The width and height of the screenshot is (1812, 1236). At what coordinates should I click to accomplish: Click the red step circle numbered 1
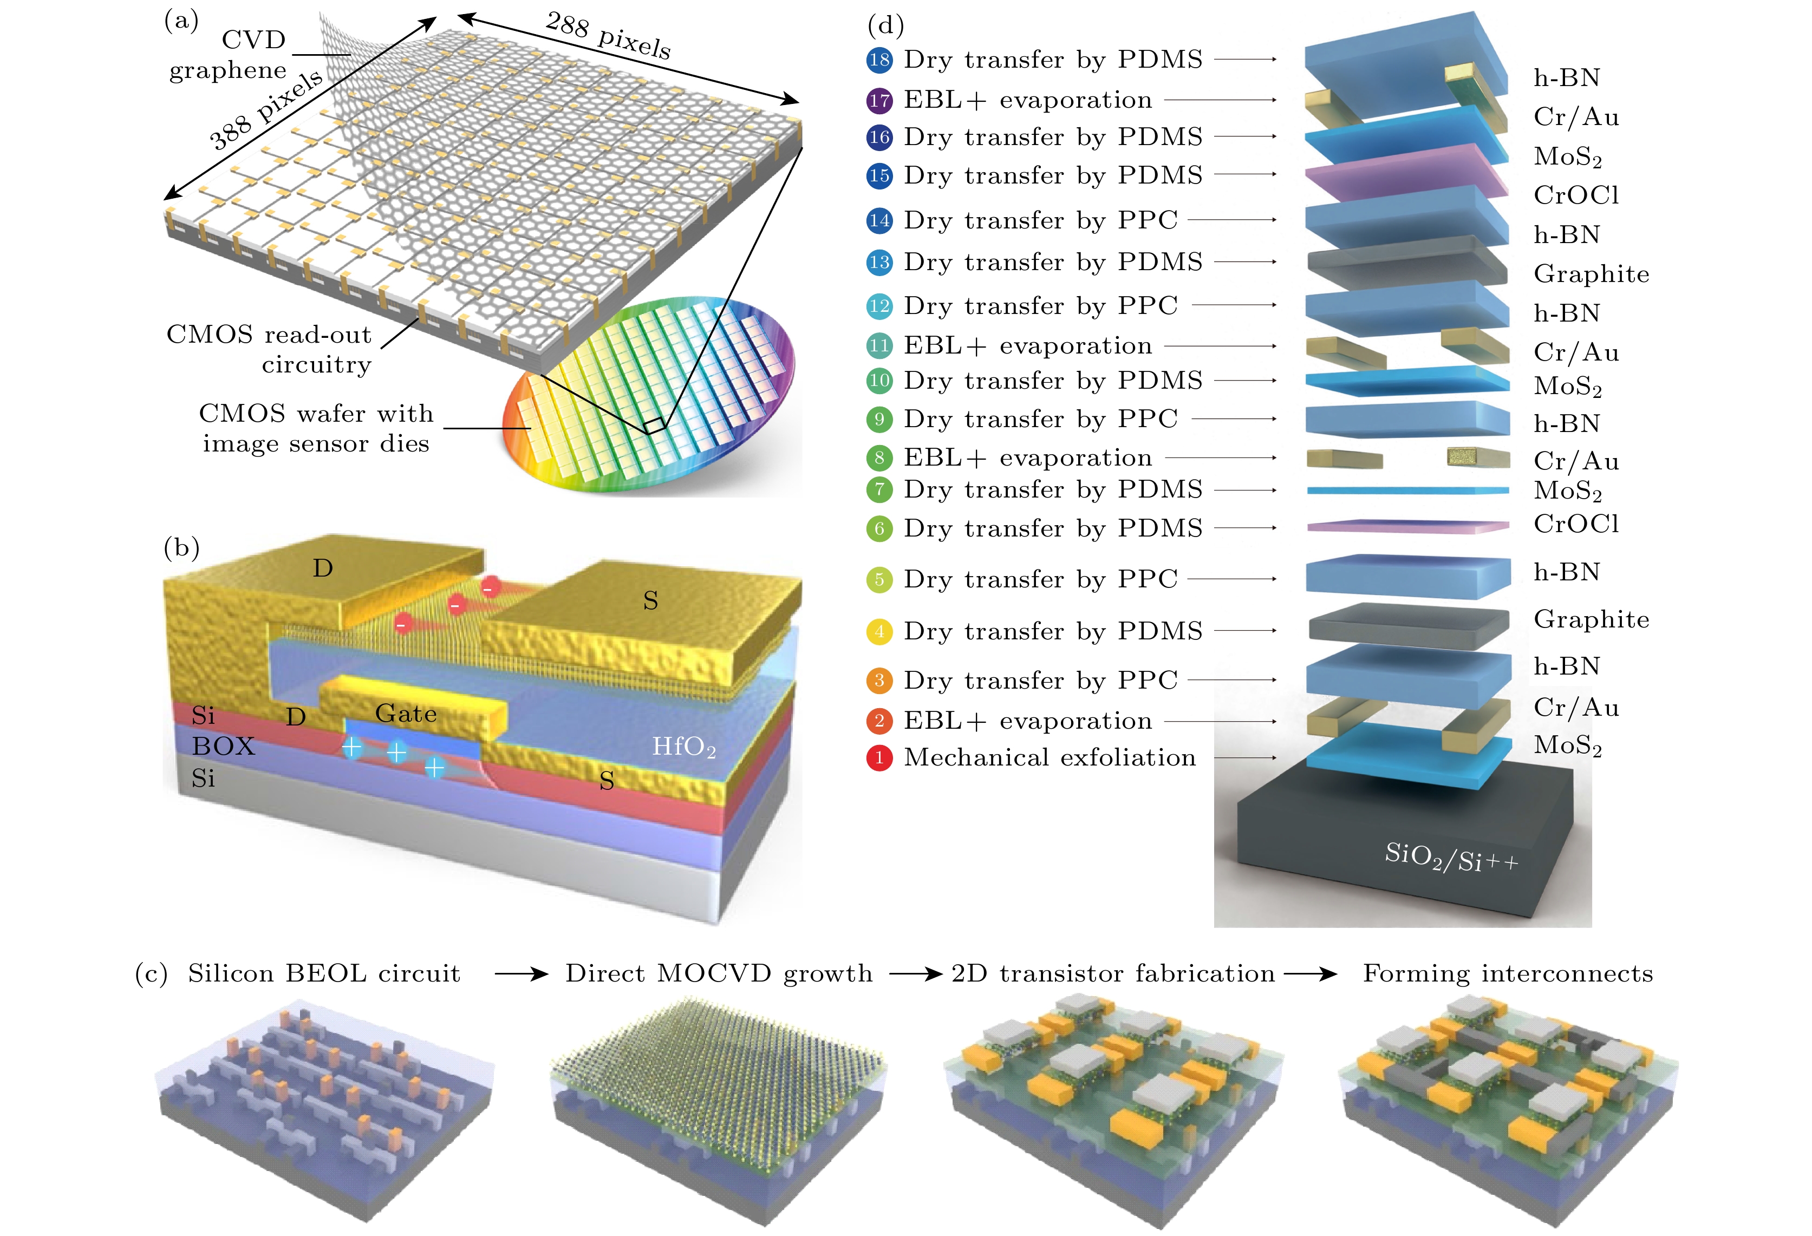[879, 757]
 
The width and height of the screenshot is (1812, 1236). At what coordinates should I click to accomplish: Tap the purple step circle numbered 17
[879, 101]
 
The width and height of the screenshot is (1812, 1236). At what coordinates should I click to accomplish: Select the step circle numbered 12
[879, 305]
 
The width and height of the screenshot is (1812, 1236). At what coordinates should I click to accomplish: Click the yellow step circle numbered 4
[879, 631]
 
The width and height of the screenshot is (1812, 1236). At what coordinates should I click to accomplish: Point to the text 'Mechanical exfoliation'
[1050, 757]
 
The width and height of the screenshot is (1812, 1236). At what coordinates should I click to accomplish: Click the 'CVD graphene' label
[229, 55]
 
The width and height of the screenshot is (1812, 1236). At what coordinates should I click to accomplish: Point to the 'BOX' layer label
[223, 746]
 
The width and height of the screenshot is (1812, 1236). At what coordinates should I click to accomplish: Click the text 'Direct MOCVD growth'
[718, 973]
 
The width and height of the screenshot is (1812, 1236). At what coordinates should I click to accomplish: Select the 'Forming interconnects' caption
[1507, 973]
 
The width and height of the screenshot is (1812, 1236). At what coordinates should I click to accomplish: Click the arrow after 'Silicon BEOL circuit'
[521, 974]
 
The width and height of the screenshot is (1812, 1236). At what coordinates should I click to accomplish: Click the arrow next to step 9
[1234, 419]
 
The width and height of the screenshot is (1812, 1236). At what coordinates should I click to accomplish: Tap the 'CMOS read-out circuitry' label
[269, 349]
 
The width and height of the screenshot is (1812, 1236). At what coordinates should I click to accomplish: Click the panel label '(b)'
[181, 548]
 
